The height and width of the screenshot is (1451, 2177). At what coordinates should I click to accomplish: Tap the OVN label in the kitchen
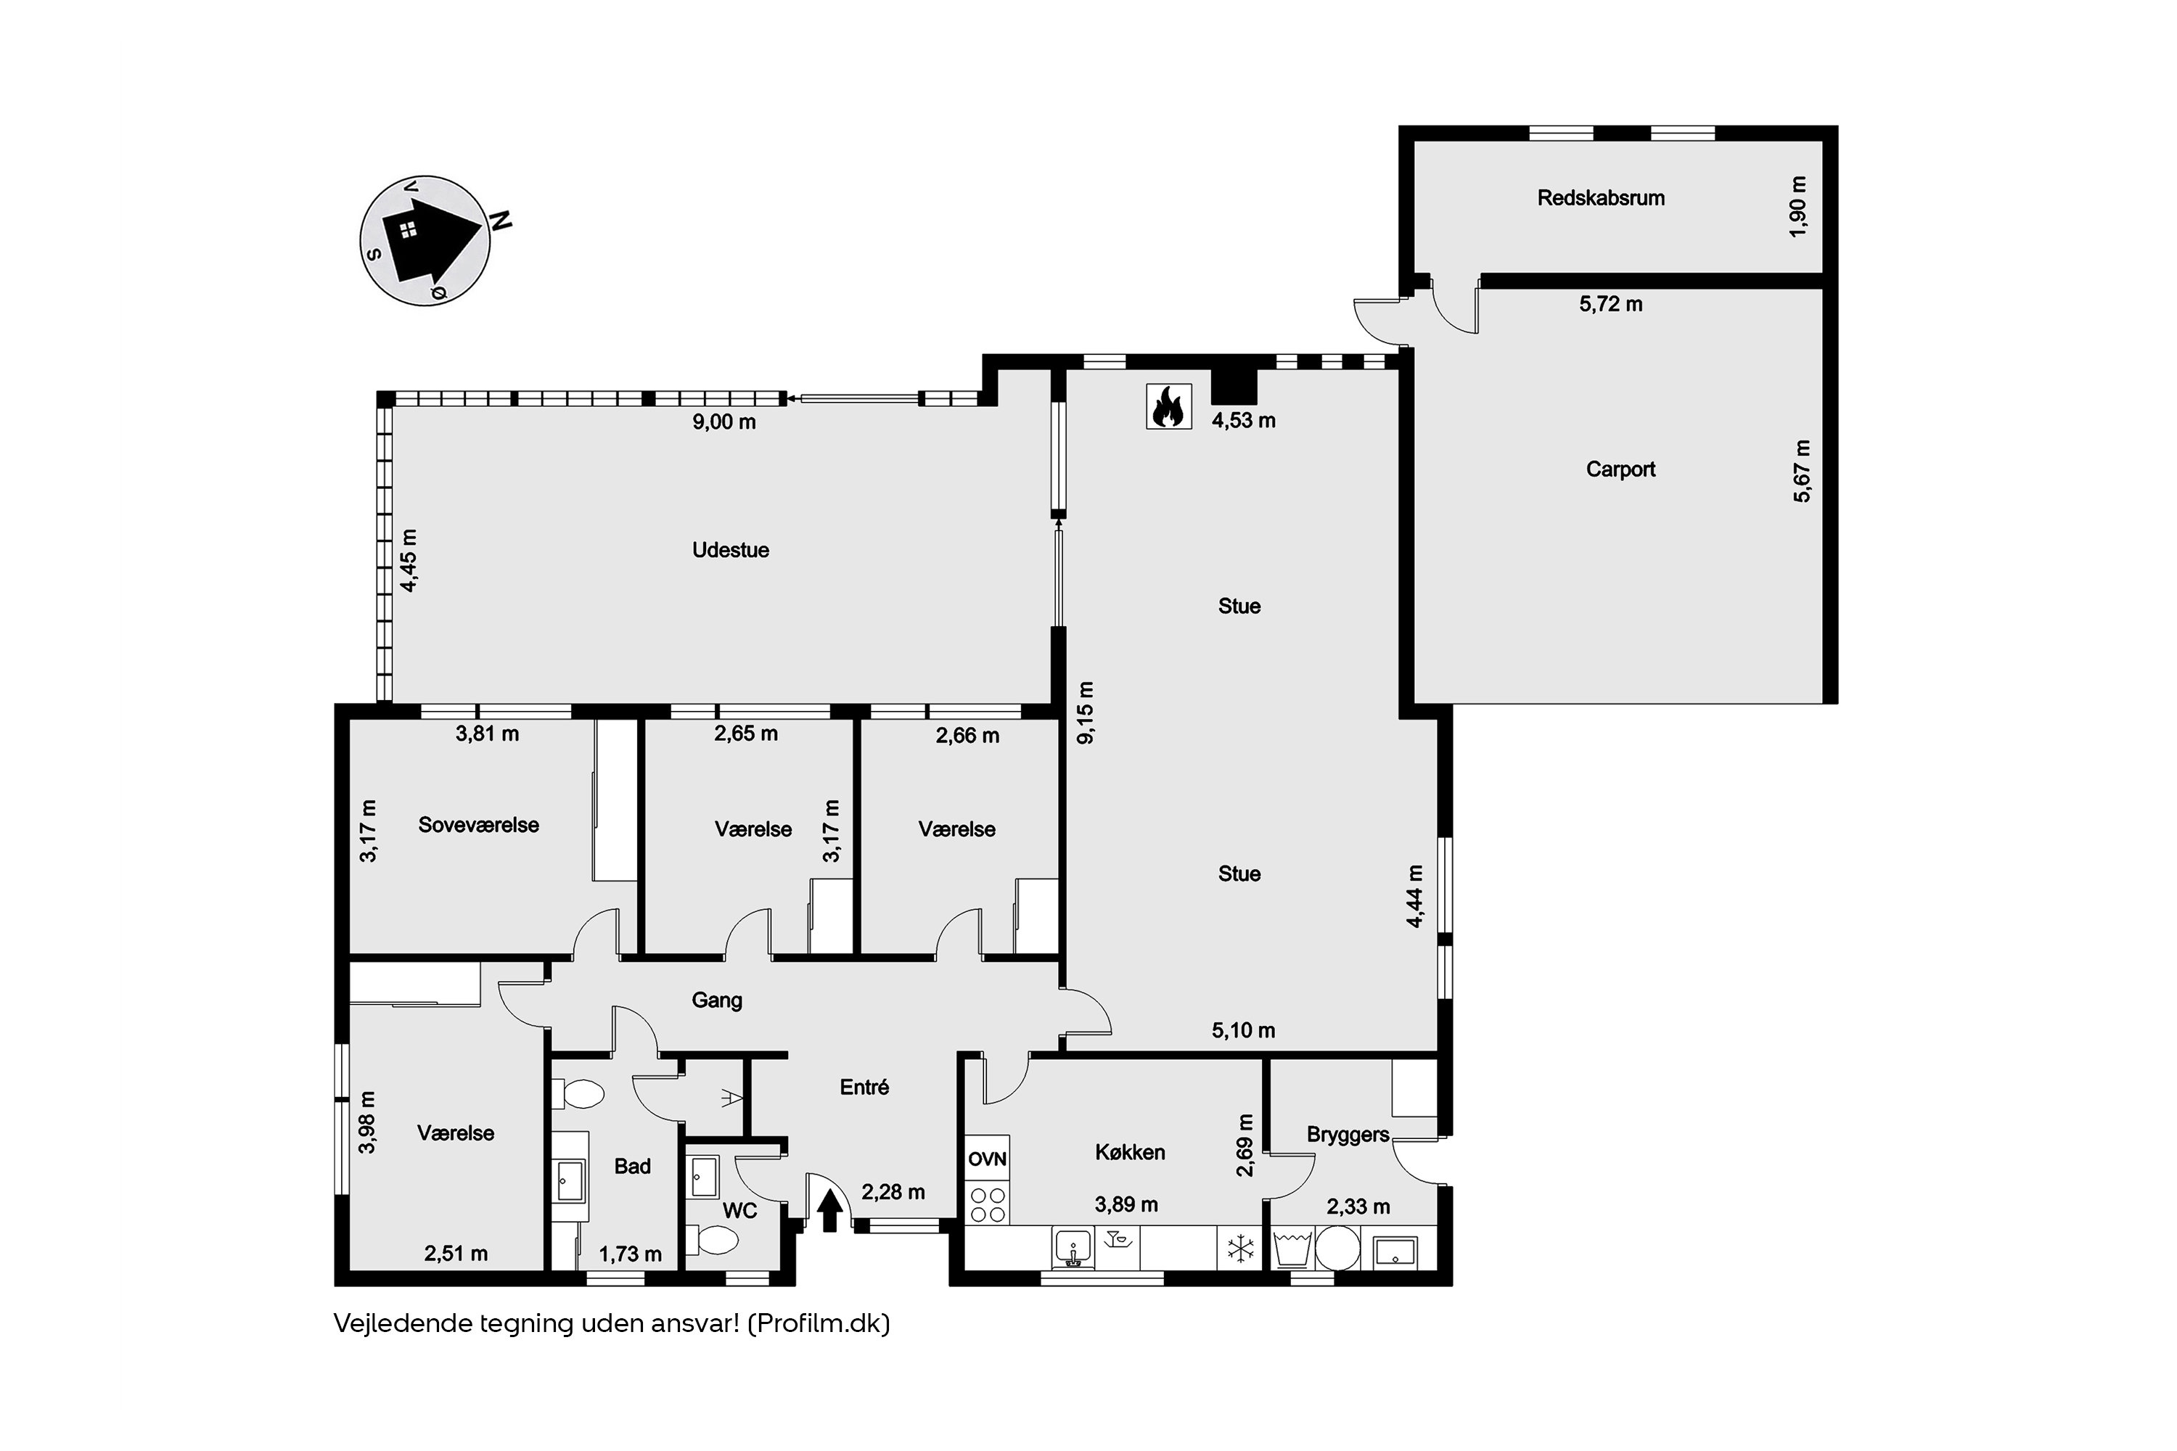click(x=987, y=1159)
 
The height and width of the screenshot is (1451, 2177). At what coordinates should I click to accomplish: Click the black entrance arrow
click(x=830, y=1209)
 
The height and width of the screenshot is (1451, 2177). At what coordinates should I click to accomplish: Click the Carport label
click(x=1620, y=469)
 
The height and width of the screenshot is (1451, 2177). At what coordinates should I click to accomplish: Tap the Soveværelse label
click(x=478, y=824)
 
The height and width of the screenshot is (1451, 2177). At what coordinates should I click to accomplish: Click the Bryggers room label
click(x=1348, y=1135)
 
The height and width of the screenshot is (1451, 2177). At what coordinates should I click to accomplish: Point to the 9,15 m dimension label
click(x=1086, y=712)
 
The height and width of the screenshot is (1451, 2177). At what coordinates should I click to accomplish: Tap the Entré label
click(x=864, y=1088)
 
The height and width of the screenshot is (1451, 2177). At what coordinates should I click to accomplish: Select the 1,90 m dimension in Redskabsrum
click(x=1797, y=206)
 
